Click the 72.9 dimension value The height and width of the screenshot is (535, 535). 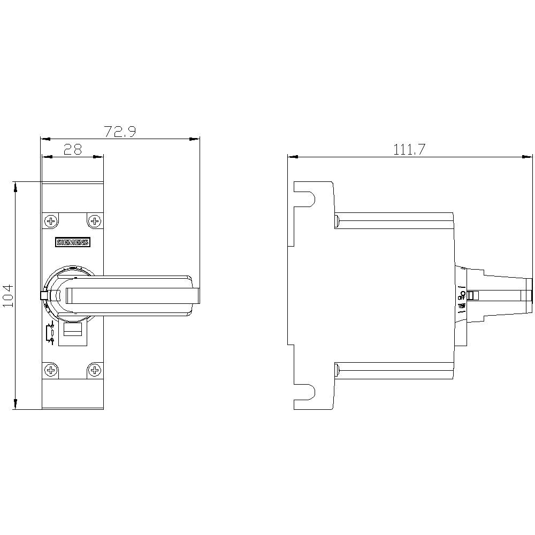[120, 132]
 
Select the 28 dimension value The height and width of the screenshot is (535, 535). [73, 150]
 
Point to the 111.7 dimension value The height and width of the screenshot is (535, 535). [409, 150]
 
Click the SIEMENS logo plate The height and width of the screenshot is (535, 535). [73, 242]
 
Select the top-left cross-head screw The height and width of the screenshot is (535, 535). [51, 220]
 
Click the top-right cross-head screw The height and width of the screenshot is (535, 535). [95, 220]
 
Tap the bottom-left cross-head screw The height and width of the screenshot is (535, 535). [51, 370]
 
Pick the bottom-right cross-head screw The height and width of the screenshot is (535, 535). [95, 370]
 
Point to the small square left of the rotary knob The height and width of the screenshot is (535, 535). [44, 295]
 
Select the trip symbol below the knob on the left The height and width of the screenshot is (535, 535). [50, 333]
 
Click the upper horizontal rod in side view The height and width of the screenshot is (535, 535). [394, 220]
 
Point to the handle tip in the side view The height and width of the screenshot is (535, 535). [530, 295]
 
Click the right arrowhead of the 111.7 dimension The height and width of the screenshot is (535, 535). [530, 157]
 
